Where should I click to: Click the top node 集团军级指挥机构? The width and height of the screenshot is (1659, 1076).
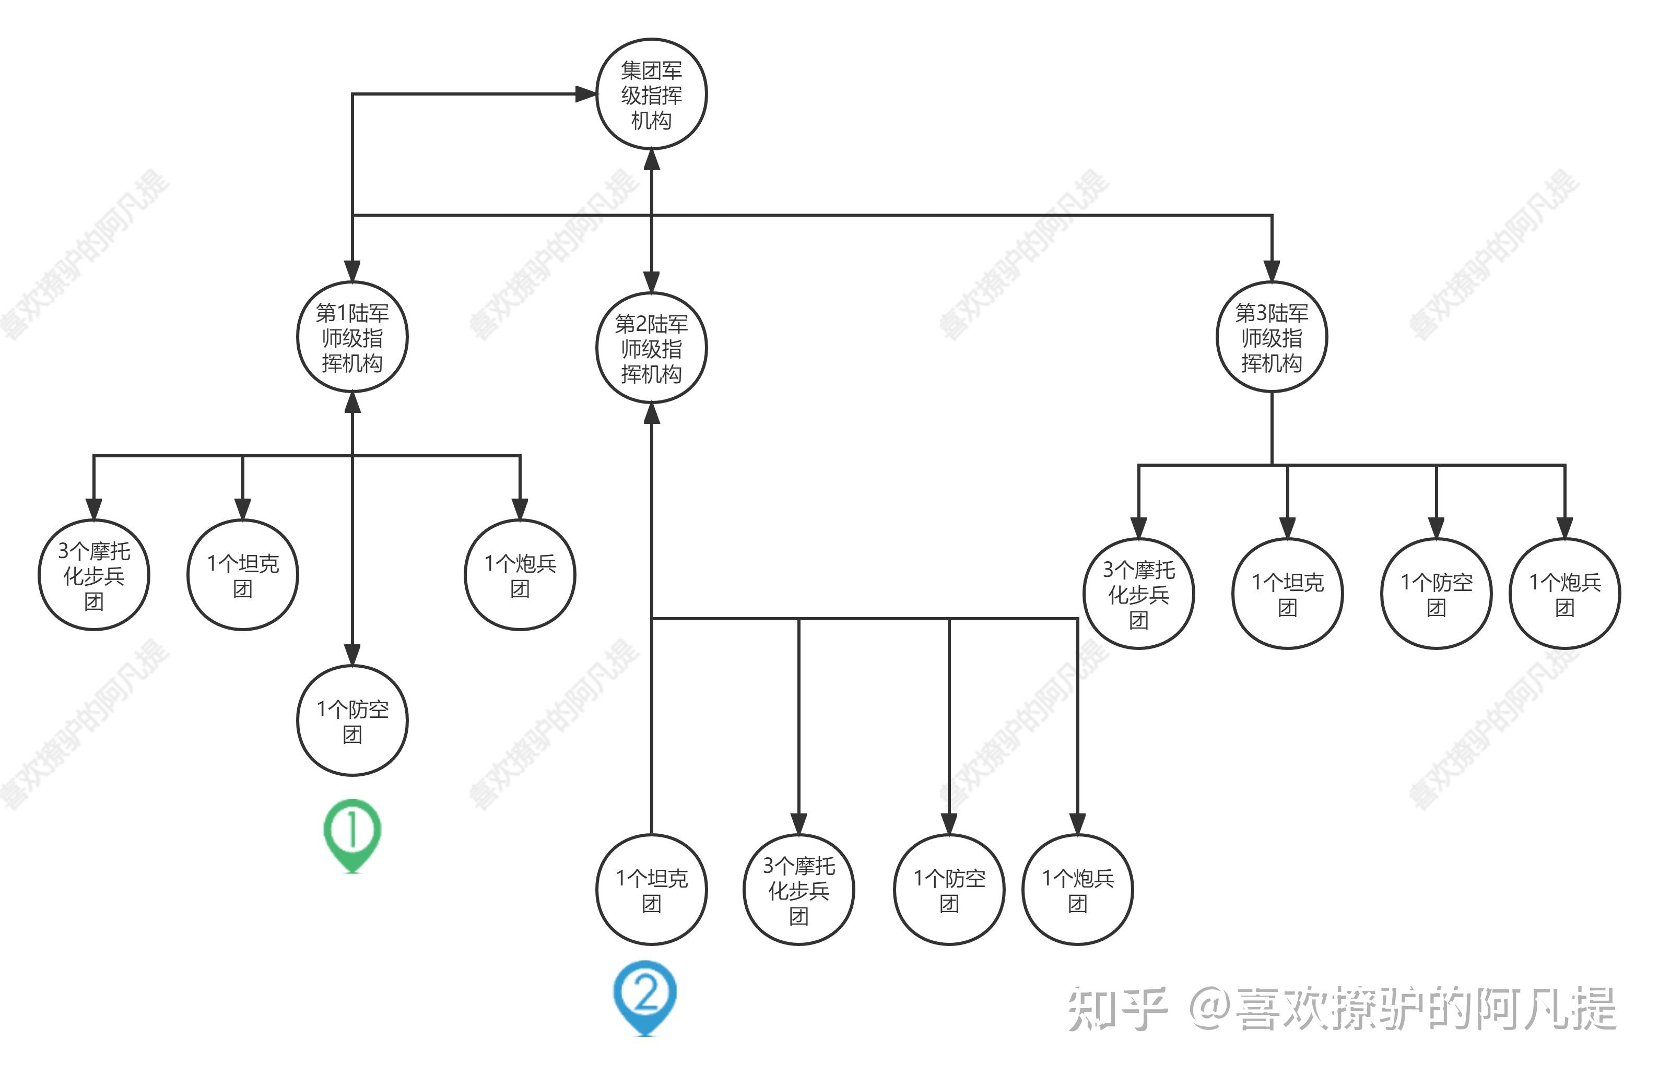(x=651, y=94)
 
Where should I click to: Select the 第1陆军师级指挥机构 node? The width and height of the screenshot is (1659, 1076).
(x=352, y=337)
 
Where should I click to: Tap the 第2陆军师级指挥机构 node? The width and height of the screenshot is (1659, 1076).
(x=651, y=348)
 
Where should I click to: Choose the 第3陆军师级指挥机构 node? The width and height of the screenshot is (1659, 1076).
(x=1272, y=337)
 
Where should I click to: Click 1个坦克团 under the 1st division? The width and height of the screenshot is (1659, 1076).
(x=243, y=575)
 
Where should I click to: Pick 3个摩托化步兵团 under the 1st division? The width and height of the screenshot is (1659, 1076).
(x=93, y=575)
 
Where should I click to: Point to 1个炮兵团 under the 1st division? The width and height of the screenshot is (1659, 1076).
(x=520, y=575)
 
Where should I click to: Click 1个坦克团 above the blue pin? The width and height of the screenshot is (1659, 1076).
(x=651, y=889)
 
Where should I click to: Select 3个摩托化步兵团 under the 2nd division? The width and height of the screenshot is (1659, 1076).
(x=799, y=889)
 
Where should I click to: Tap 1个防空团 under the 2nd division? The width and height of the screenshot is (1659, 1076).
(x=949, y=889)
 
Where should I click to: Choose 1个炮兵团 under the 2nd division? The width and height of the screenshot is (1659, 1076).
(x=1078, y=889)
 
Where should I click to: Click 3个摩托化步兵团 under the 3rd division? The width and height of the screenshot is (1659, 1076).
(x=1138, y=594)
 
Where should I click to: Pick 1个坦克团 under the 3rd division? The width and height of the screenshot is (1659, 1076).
(x=1288, y=594)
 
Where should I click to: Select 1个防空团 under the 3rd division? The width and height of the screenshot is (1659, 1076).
(x=1436, y=594)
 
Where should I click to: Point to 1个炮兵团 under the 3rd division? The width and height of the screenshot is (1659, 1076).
(x=1565, y=594)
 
